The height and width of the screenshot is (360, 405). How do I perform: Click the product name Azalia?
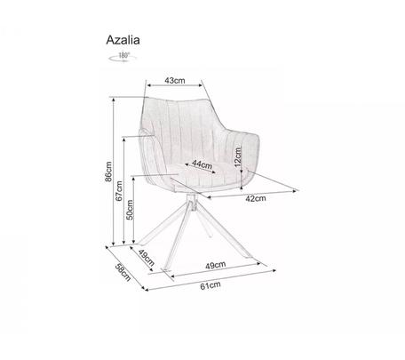click(123, 40)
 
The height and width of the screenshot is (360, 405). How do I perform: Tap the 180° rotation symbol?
click(123, 57)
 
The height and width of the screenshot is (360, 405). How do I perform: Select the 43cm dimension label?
click(175, 80)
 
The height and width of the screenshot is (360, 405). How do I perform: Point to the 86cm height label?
click(108, 172)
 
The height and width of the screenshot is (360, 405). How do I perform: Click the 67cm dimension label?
click(119, 191)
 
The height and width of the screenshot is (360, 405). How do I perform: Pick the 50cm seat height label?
click(130, 210)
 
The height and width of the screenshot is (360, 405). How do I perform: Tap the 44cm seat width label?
click(202, 164)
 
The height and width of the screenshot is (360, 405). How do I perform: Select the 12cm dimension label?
click(238, 157)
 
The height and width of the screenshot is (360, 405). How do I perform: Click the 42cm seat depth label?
click(256, 198)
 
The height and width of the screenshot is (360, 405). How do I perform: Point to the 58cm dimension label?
click(123, 272)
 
